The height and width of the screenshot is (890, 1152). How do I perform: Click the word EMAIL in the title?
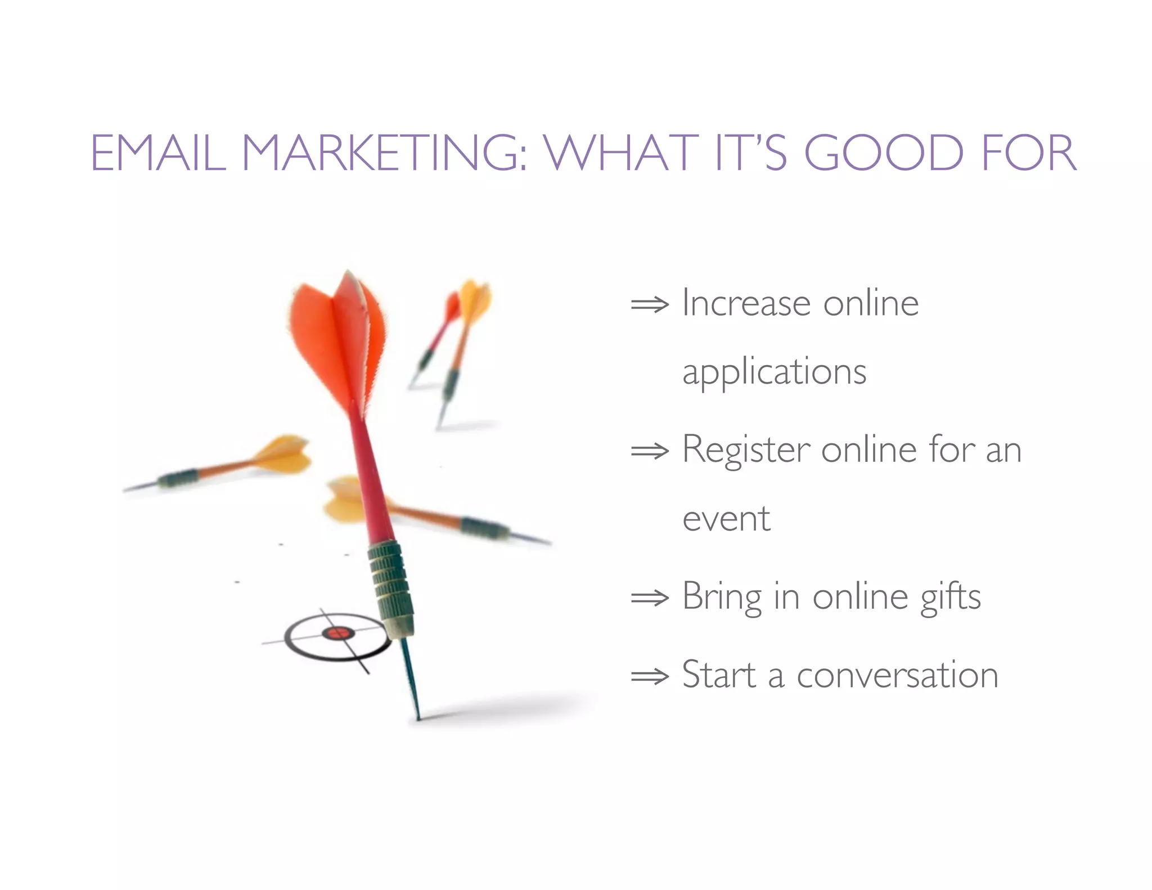(x=158, y=153)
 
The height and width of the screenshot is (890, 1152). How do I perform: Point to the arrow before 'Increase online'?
(x=650, y=305)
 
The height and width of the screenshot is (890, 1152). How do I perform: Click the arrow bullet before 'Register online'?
(x=650, y=451)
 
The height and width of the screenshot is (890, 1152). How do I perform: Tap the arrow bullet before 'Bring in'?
(x=650, y=597)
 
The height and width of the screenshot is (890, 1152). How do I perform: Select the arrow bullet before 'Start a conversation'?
(x=650, y=676)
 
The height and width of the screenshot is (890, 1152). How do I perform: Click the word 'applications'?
(x=774, y=372)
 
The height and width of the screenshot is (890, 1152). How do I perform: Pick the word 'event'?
(x=726, y=519)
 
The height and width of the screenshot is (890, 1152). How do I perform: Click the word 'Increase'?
(x=746, y=304)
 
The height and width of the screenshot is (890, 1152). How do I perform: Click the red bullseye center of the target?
(x=337, y=633)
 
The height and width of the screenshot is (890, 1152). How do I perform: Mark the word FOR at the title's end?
(x=1029, y=153)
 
